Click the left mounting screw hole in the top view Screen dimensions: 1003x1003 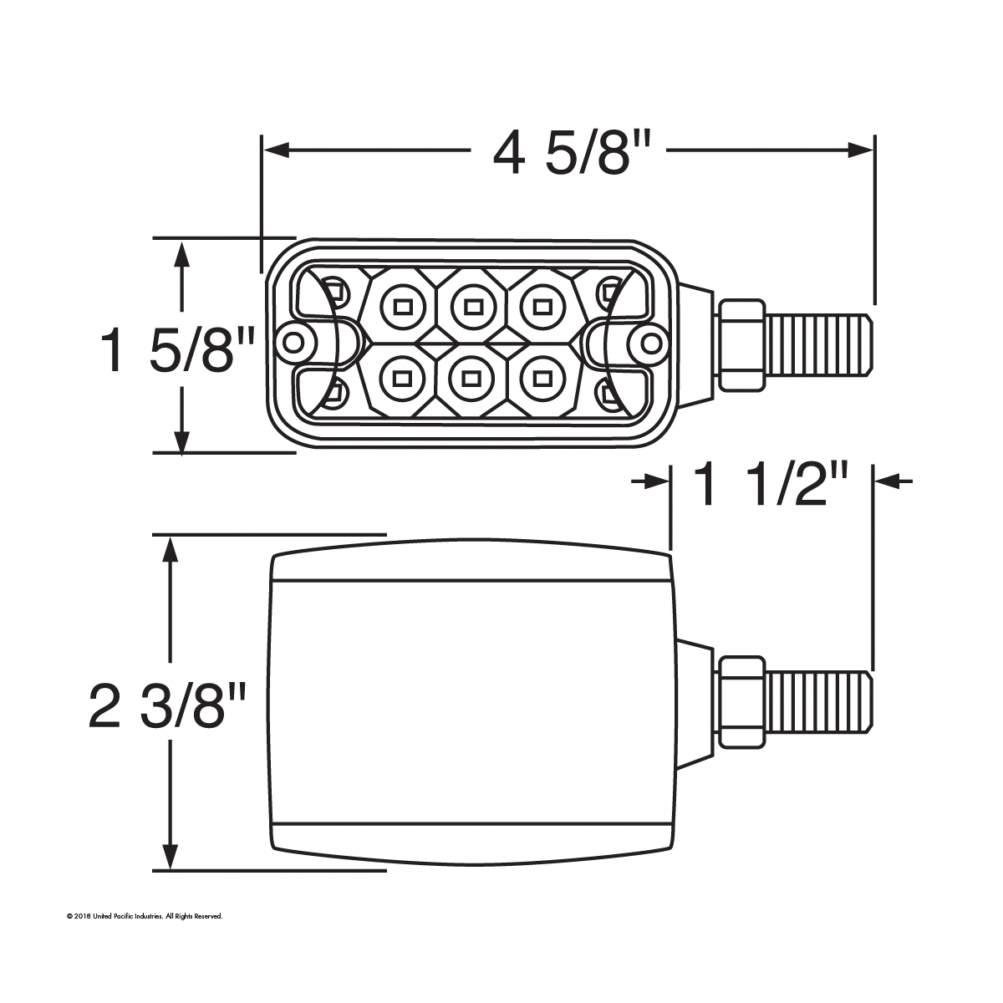(x=293, y=342)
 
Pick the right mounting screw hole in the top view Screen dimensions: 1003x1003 (x=649, y=342)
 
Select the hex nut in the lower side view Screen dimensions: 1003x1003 (x=741, y=700)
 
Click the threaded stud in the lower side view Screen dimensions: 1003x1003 (x=819, y=700)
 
